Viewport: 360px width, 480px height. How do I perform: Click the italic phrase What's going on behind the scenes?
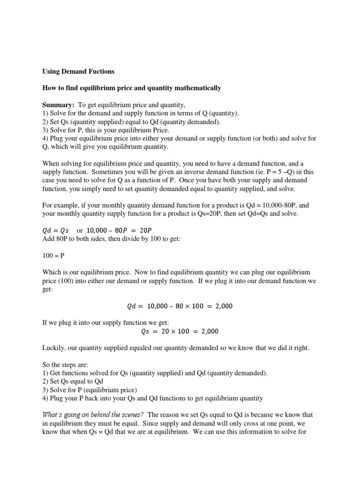[93, 415]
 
